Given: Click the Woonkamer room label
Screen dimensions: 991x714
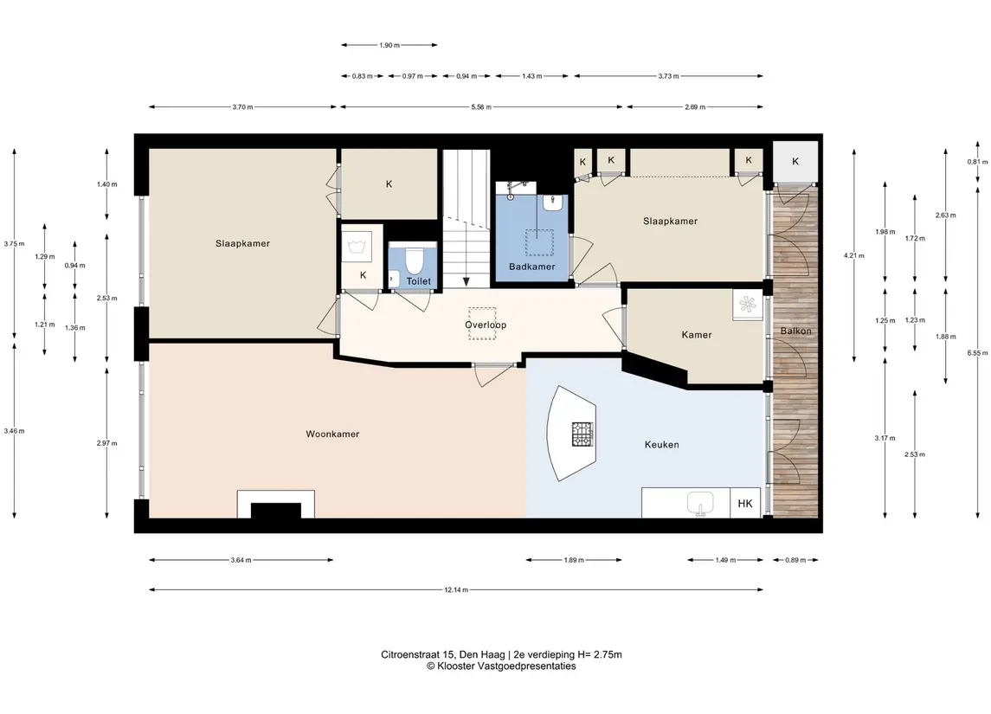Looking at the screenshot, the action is (x=332, y=434).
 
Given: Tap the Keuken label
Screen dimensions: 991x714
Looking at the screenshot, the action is (x=662, y=444).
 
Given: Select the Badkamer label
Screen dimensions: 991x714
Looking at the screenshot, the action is (x=531, y=267).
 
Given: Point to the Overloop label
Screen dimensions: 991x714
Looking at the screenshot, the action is (x=486, y=325).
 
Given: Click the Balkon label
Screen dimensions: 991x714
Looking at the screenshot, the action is (x=795, y=331).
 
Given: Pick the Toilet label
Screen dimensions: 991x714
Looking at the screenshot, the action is (x=418, y=281).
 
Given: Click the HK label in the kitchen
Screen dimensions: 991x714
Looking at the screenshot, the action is (x=745, y=504).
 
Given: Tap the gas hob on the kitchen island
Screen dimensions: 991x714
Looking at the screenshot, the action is (x=582, y=434).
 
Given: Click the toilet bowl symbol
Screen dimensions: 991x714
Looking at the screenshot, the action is (x=414, y=261).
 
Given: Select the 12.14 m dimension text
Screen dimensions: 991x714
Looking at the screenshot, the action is (x=455, y=590).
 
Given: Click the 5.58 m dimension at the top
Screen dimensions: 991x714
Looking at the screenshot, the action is (x=481, y=107).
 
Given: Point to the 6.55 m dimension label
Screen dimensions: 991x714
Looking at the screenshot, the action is (x=977, y=353).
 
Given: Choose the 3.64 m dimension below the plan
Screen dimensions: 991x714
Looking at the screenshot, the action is (x=241, y=560).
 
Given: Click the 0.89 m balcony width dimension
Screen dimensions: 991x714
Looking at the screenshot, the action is (x=795, y=560).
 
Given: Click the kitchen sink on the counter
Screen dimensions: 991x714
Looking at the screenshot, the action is (x=699, y=505).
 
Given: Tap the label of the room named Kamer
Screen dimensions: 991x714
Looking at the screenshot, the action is (x=697, y=335).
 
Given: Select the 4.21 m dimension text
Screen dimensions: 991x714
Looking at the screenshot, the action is (x=854, y=256).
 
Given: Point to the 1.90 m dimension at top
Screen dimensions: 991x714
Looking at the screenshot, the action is (x=389, y=46).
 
